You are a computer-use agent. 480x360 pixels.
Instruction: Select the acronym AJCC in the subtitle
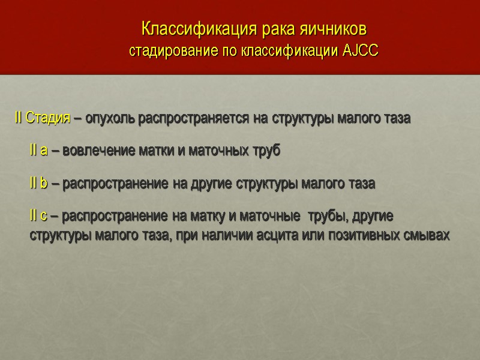coord(361,50)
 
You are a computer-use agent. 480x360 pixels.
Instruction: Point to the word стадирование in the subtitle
coord(166,50)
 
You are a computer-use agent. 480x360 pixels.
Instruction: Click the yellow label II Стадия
coord(41,118)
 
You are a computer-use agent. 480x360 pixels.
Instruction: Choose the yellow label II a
coord(39,151)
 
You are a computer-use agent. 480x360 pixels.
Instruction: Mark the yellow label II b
coord(39,184)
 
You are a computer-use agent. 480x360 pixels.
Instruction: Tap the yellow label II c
coord(39,215)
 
